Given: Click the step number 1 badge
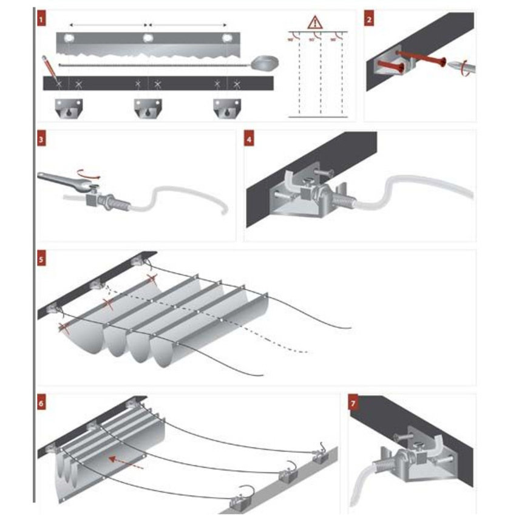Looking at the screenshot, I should coord(41,20).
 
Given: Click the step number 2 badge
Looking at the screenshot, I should coord(369,20).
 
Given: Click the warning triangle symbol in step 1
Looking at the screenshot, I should coord(315,23).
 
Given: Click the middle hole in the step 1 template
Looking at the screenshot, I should coord(148,39).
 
